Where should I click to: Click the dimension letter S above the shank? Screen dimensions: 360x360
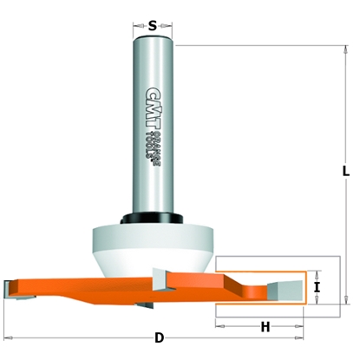click(153, 25)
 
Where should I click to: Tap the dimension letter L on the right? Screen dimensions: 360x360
click(345, 173)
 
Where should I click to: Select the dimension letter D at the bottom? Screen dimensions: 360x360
click(159, 337)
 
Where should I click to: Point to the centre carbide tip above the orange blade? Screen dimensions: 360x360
click(162, 277)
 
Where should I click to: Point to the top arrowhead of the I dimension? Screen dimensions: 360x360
click(319, 272)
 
